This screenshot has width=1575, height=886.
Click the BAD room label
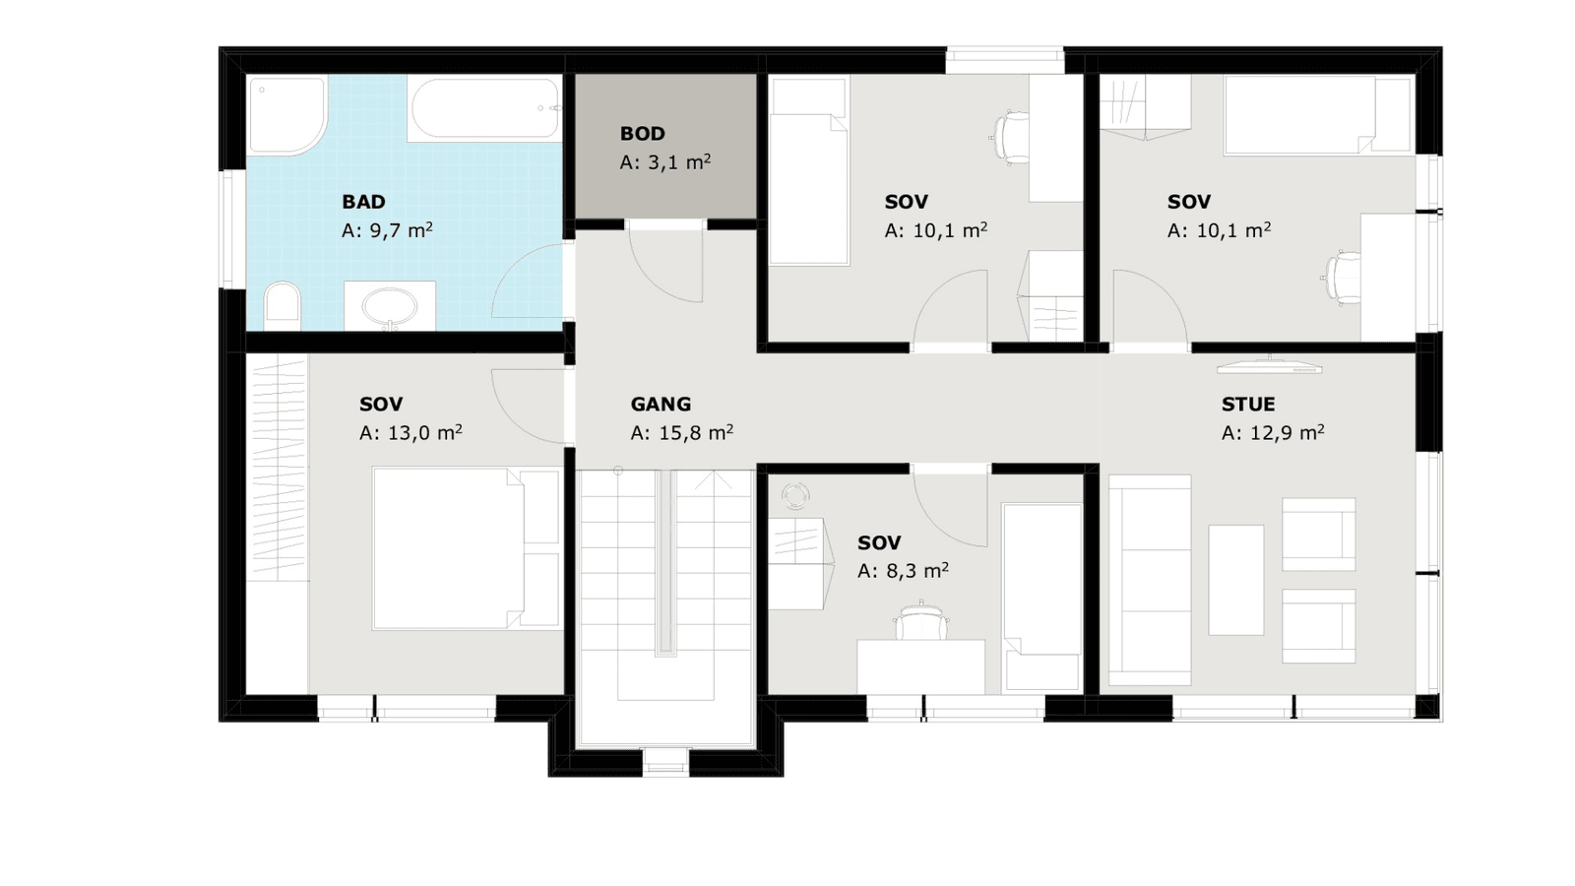coord(363,202)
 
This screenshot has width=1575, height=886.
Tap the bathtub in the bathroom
coord(485,109)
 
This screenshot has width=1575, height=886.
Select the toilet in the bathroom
coord(282,306)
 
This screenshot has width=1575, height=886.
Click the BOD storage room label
coord(643,134)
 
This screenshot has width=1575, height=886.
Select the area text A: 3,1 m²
coord(665,162)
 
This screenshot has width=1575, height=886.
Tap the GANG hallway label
coord(661,405)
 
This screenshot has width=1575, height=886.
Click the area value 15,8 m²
coord(696,432)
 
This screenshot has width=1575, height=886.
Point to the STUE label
coord(1248,405)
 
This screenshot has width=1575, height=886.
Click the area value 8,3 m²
coord(916,570)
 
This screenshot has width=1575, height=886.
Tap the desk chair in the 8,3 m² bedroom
coord(921,619)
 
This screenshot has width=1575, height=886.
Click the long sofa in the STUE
coord(1150,580)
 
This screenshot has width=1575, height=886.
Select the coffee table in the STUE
coord(1236,580)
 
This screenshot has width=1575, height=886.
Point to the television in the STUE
coord(1270,365)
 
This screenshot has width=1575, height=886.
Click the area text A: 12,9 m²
coord(1273,432)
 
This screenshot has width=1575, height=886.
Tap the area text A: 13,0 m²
coord(410,432)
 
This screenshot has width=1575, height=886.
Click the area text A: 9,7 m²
coord(387,230)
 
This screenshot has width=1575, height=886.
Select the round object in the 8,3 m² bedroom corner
coord(796,496)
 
